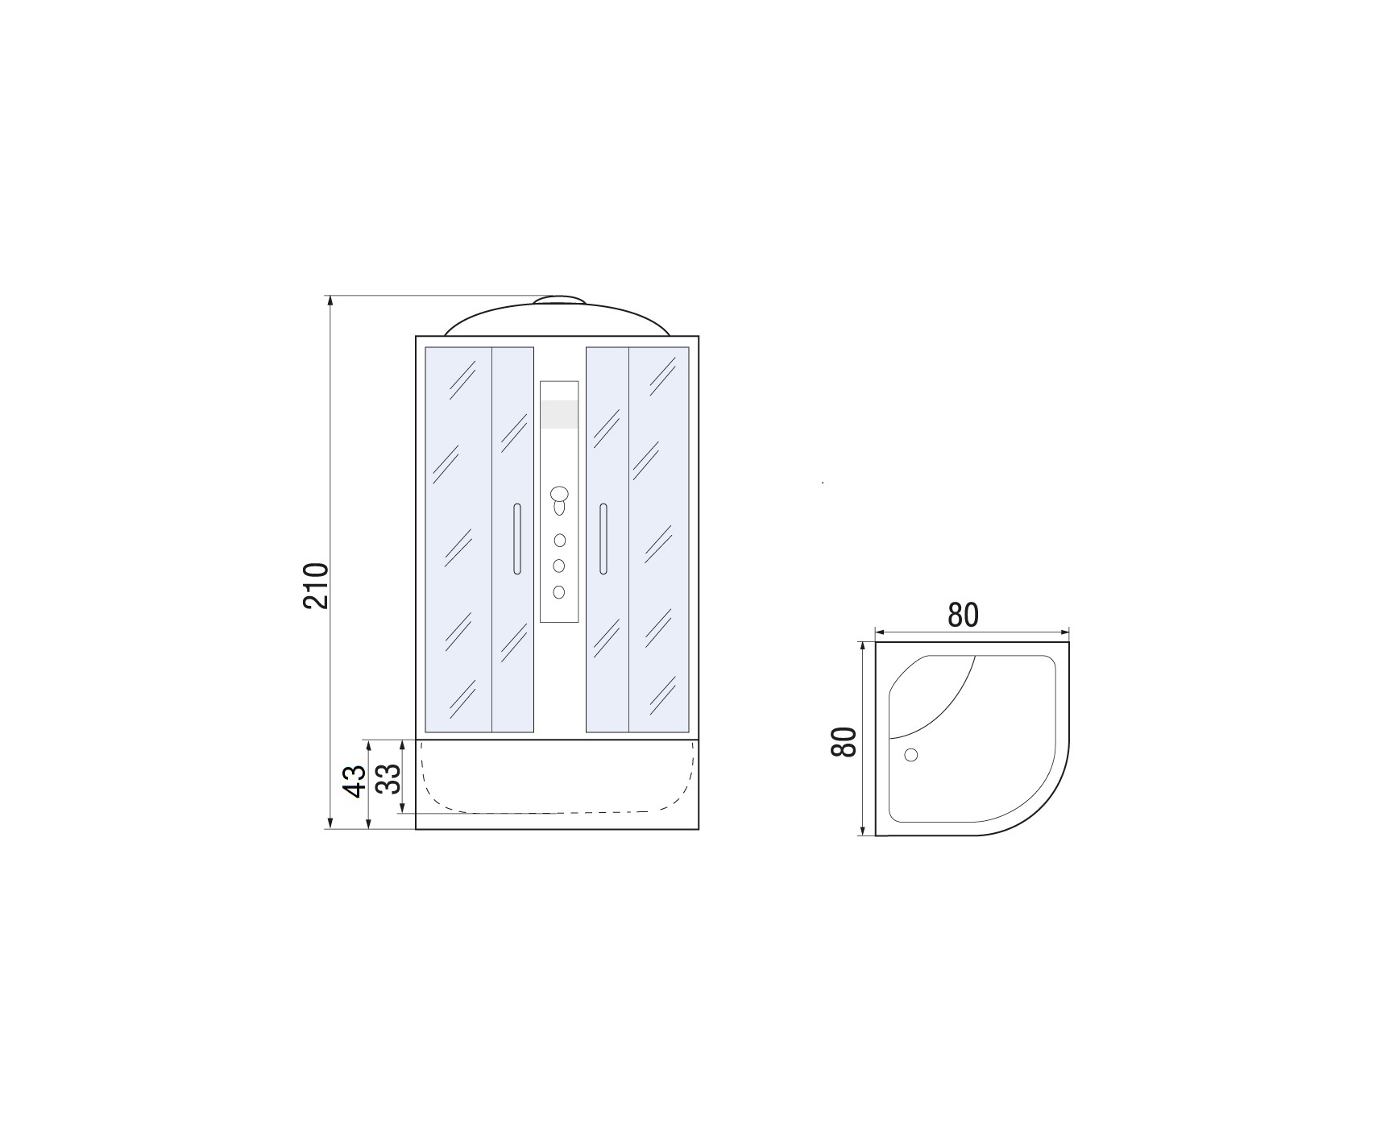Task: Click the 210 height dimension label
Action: [x=317, y=586]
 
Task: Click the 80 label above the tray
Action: [x=963, y=615]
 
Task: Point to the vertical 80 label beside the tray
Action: [x=844, y=741]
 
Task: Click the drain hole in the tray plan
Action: [x=911, y=755]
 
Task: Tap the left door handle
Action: [x=516, y=539]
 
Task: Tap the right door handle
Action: [x=603, y=539]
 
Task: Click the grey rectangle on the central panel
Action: [x=559, y=414]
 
